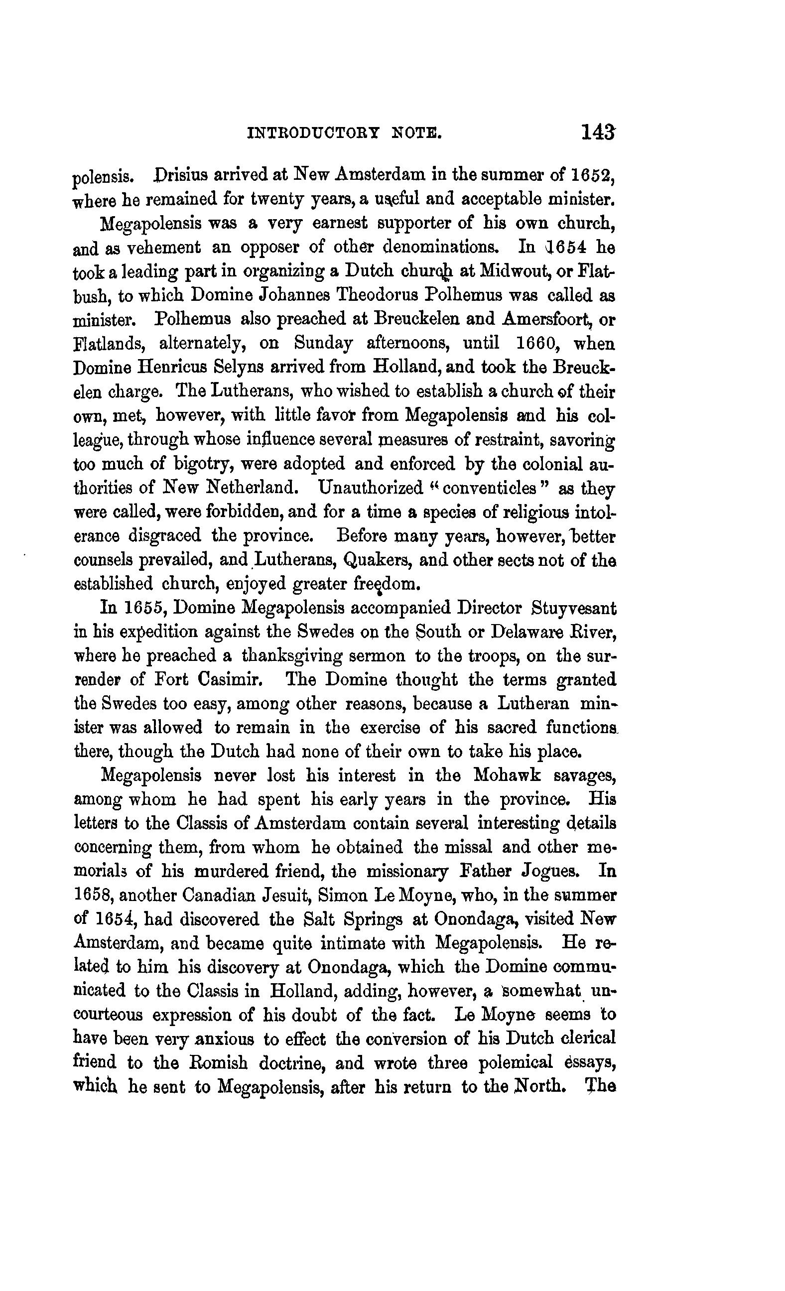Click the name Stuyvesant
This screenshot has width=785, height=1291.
click(574, 609)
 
